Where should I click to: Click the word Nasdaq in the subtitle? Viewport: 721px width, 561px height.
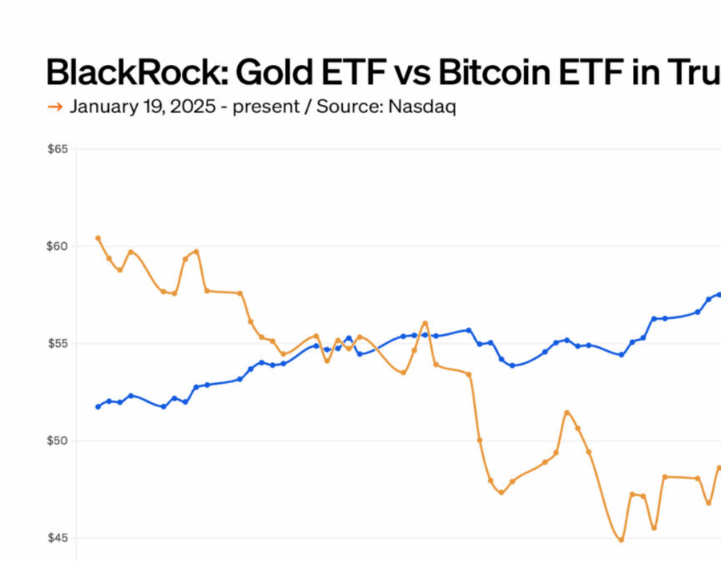pyautogui.click(x=422, y=107)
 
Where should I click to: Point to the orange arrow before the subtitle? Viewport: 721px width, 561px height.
pyautogui.click(x=55, y=107)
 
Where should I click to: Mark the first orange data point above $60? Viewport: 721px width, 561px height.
pyautogui.click(x=98, y=238)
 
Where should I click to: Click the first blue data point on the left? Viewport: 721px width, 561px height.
pyautogui.click(x=98, y=406)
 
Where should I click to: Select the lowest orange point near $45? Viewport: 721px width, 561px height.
pyautogui.click(x=621, y=539)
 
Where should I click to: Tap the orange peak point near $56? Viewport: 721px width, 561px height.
pyautogui.click(x=425, y=323)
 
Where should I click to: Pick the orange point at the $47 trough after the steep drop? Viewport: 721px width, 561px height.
pyautogui.click(x=501, y=492)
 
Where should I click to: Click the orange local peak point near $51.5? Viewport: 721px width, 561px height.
pyautogui.click(x=566, y=413)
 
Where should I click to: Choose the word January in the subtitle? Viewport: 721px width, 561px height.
pyautogui.click(x=103, y=107)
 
